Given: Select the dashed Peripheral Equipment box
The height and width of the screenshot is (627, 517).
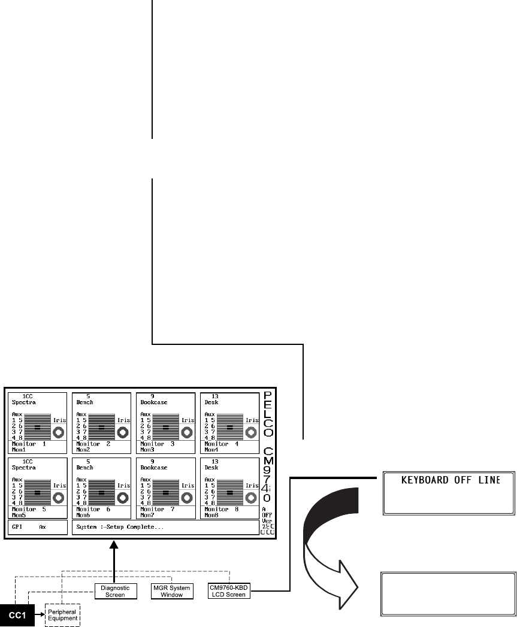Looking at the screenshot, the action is tap(62, 614).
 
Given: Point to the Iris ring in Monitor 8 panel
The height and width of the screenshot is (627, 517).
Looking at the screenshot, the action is tap(252, 497).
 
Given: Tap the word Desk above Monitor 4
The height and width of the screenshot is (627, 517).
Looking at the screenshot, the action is tap(210, 402).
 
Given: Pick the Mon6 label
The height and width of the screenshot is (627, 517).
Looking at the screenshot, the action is tap(83, 514).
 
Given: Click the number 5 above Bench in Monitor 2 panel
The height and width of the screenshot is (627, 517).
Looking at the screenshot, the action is tap(88, 396).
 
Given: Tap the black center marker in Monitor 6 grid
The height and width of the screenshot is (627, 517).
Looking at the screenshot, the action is tap(101, 493).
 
